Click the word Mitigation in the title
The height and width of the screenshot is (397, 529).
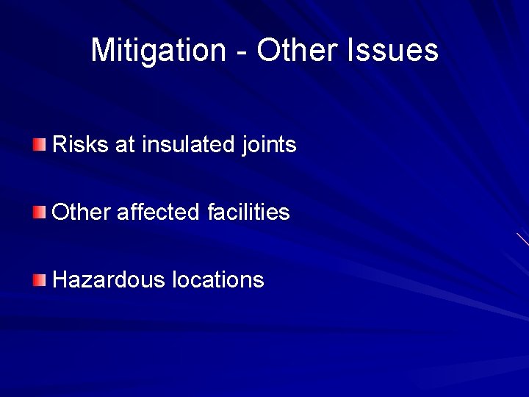(x=159, y=51)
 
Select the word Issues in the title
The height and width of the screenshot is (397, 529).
(x=393, y=51)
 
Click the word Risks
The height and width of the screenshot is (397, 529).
(x=81, y=144)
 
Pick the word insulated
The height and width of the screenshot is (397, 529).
(x=189, y=144)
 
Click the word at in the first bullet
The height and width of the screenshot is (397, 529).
(x=126, y=145)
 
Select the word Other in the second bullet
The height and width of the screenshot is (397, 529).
(x=82, y=212)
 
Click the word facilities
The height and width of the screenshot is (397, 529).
(x=248, y=212)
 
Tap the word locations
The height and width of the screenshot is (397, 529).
(x=217, y=280)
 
